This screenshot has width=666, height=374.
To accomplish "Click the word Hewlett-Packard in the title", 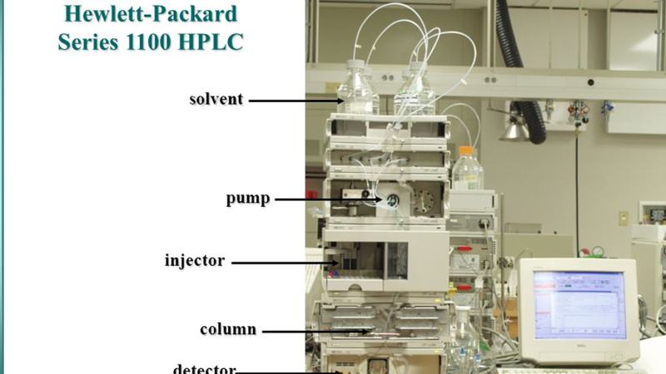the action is pyautogui.click(x=151, y=13).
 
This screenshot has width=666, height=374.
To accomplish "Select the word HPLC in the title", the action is pyautogui.click(x=211, y=42).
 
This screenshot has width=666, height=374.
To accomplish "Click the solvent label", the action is pyautogui.click(x=216, y=99).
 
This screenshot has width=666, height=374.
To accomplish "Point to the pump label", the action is pyautogui.click(x=247, y=199).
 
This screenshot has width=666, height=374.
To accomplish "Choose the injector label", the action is pyautogui.click(x=195, y=260).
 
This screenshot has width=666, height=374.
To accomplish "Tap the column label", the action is pyautogui.click(x=228, y=329).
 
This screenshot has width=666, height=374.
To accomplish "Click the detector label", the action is pyautogui.click(x=204, y=368).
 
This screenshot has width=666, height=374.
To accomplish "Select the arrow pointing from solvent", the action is pyautogui.click(x=296, y=101).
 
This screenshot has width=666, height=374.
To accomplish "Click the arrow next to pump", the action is pyautogui.click(x=328, y=199).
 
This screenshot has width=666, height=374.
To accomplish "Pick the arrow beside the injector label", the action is pyautogui.click(x=285, y=263).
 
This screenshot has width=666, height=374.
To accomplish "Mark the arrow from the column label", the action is pyautogui.click(x=316, y=332).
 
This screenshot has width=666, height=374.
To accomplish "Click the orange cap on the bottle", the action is pyautogui.click(x=466, y=150).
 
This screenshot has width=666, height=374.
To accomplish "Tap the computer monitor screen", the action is pyautogui.click(x=579, y=305).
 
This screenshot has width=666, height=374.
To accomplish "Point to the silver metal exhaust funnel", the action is pyautogui.click(x=514, y=130).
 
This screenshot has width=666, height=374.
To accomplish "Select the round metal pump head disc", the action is pyautogui.click(x=423, y=200).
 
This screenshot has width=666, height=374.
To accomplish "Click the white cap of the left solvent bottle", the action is pyautogui.click(x=355, y=65).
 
